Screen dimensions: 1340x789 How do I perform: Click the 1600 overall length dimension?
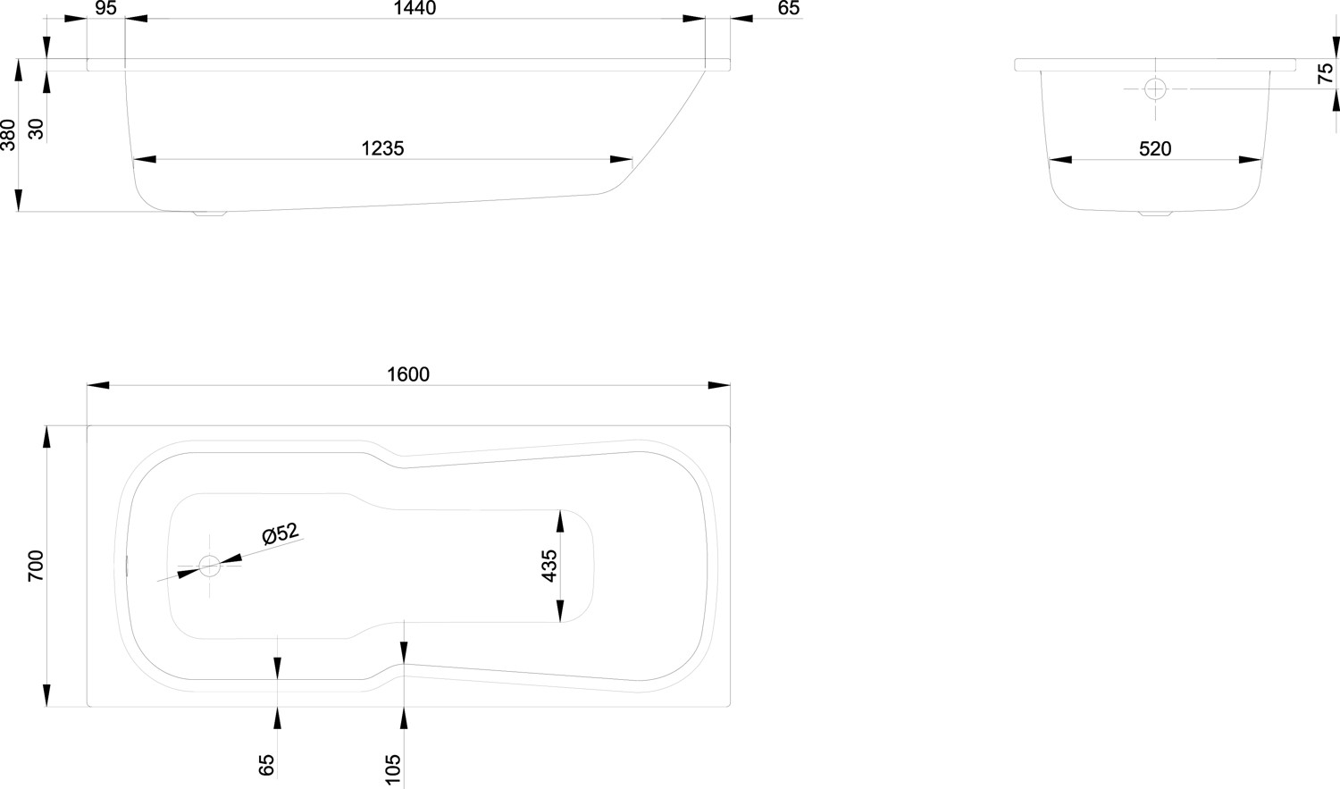point(408,374)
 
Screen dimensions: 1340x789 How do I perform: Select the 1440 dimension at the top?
point(415,8)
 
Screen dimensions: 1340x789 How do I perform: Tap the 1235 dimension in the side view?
point(383,148)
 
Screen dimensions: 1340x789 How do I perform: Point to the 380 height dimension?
point(8,135)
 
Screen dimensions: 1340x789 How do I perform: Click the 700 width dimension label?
point(36,566)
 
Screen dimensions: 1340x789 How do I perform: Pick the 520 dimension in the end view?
point(1155,149)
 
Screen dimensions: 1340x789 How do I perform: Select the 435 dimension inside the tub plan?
point(549,566)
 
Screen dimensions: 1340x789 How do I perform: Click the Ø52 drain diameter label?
point(281,533)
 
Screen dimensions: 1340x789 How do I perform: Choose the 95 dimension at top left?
point(106,8)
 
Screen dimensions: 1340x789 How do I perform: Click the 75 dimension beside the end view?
point(1326,73)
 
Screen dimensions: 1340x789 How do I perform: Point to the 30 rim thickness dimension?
point(37,130)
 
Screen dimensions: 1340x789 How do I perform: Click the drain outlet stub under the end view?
point(1155,213)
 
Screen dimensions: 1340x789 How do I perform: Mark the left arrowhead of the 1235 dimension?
point(144,160)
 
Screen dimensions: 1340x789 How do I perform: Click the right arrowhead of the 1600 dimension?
point(719,385)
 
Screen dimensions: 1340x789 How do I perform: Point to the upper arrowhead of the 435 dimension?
point(560,521)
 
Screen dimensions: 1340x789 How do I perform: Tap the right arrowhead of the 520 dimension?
point(1251,160)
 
